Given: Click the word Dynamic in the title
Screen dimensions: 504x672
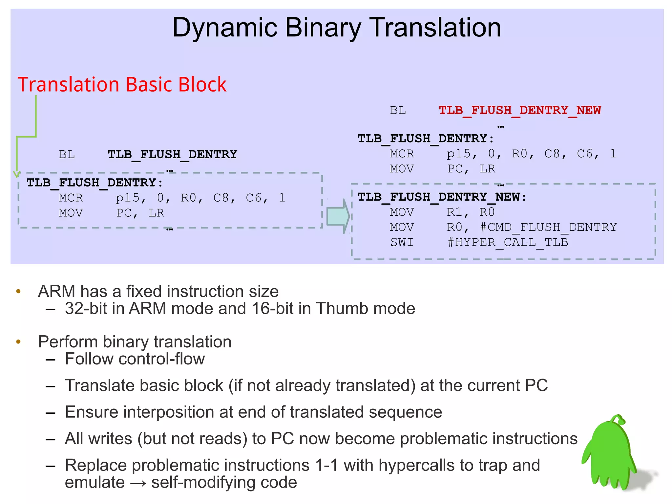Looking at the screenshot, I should (225, 28).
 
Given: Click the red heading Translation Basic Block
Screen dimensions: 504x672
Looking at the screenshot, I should (122, 84).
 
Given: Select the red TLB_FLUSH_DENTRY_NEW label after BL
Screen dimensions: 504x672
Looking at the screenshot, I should (519, 110).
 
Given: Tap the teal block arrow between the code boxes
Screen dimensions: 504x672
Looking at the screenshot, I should (338, 216).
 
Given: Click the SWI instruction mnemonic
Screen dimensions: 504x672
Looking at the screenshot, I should (401, 242).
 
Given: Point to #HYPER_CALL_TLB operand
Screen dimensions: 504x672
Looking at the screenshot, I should (508, 242).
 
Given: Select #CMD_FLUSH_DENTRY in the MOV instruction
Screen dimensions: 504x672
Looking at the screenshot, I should (548, 227).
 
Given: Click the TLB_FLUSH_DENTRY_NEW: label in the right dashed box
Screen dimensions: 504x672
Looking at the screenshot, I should (442, 197).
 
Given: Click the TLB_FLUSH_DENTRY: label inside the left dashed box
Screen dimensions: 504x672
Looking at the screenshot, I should (94, 183).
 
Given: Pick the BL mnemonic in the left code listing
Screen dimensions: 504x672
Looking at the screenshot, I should (67, 154).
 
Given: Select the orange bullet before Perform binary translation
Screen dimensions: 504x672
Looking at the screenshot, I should (18, 342).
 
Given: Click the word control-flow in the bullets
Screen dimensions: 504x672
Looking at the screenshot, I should (161, 359).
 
